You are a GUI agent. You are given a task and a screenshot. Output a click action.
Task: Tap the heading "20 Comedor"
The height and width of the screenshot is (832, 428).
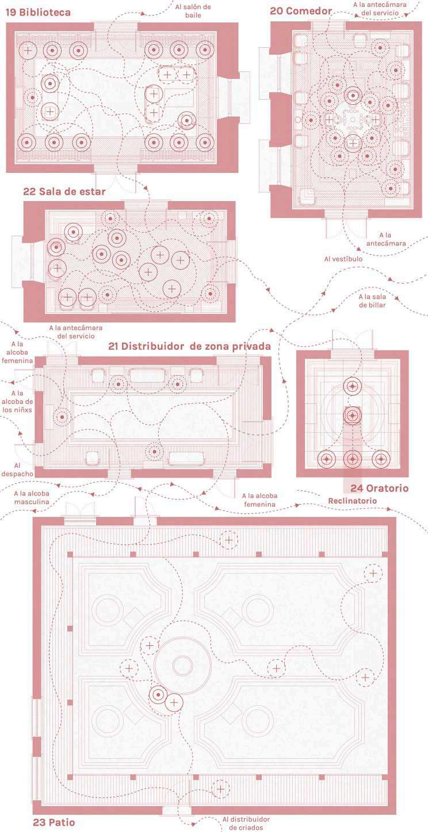301,11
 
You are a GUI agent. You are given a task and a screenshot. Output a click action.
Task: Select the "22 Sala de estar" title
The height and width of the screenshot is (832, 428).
64,191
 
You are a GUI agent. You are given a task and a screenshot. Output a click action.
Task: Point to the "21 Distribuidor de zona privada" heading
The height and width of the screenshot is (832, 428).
189,346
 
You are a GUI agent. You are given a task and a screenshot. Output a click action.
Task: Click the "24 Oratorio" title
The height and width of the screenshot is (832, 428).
379,488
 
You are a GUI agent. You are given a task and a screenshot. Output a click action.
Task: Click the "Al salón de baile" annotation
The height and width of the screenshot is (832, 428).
193,11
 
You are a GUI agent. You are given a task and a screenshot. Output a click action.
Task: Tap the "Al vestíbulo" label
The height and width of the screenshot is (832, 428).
343,259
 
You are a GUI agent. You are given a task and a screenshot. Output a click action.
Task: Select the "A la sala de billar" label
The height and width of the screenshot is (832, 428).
372,301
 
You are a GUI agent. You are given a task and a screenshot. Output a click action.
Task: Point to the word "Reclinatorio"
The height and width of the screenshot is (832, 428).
353,501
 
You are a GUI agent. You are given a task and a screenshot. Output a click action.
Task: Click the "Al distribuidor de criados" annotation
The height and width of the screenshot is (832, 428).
246,823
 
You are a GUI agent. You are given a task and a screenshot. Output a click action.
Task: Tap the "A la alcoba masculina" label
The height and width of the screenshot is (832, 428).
32,497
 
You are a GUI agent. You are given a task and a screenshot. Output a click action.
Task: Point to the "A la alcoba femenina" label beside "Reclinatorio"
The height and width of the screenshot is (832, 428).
266,500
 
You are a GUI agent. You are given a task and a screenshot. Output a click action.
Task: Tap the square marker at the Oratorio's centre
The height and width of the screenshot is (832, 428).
351,415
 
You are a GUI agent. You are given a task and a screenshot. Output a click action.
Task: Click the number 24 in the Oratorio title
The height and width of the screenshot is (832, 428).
356,488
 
